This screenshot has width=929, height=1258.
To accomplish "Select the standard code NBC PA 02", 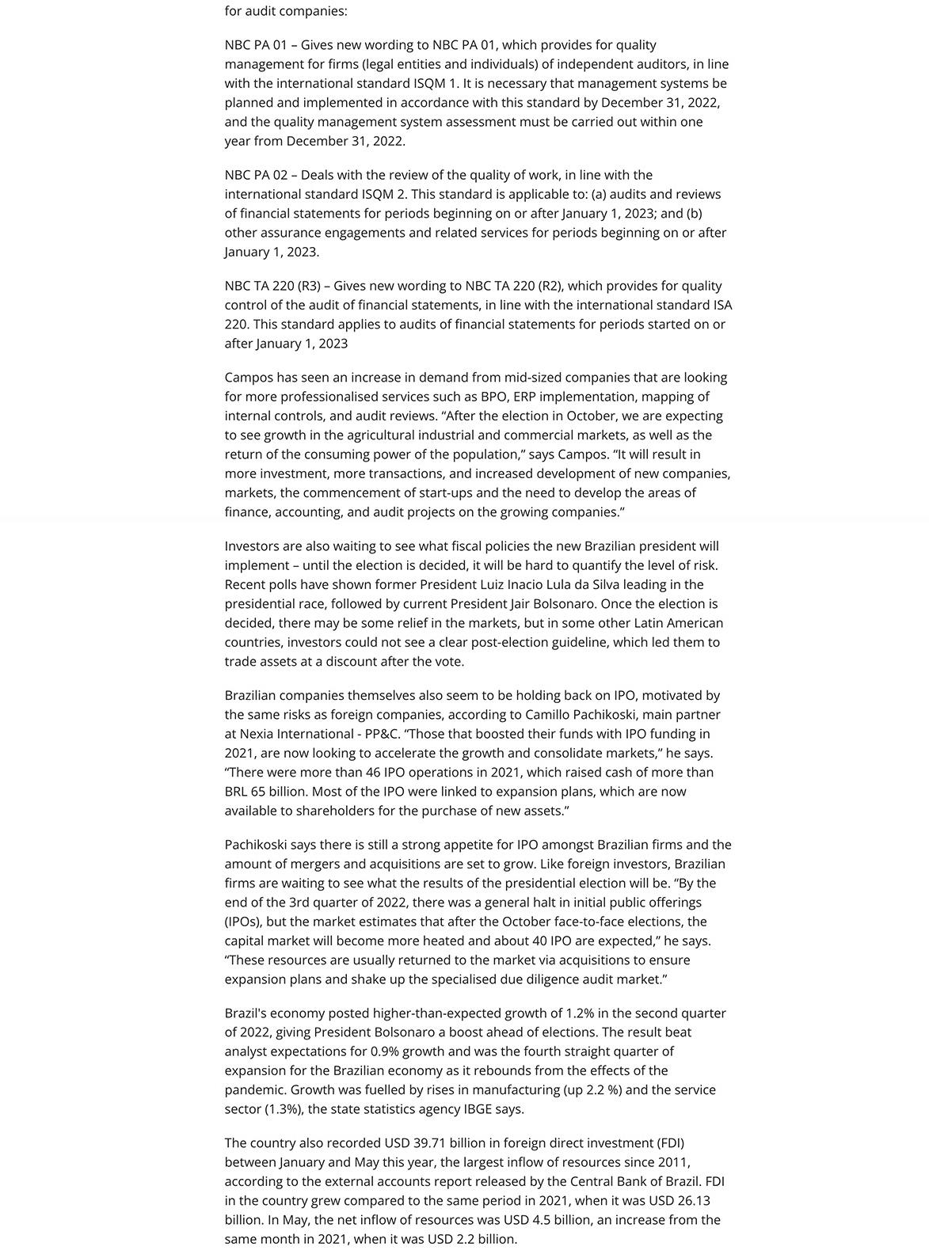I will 256,175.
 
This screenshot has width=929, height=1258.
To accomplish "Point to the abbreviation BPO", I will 493,397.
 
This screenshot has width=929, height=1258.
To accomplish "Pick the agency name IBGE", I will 477,1109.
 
